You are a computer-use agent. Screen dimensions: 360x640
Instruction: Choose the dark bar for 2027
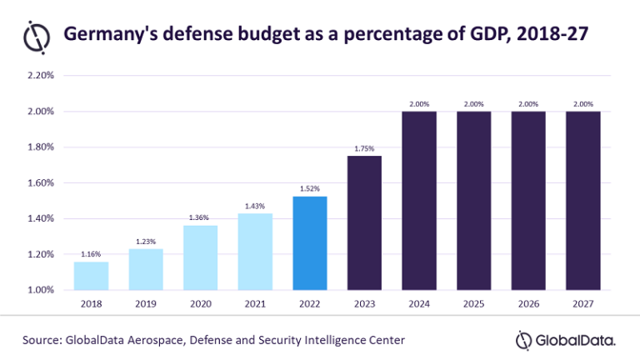click(x=582, y=200)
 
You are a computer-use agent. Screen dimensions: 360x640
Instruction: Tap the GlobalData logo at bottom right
click(x=566, y=339)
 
